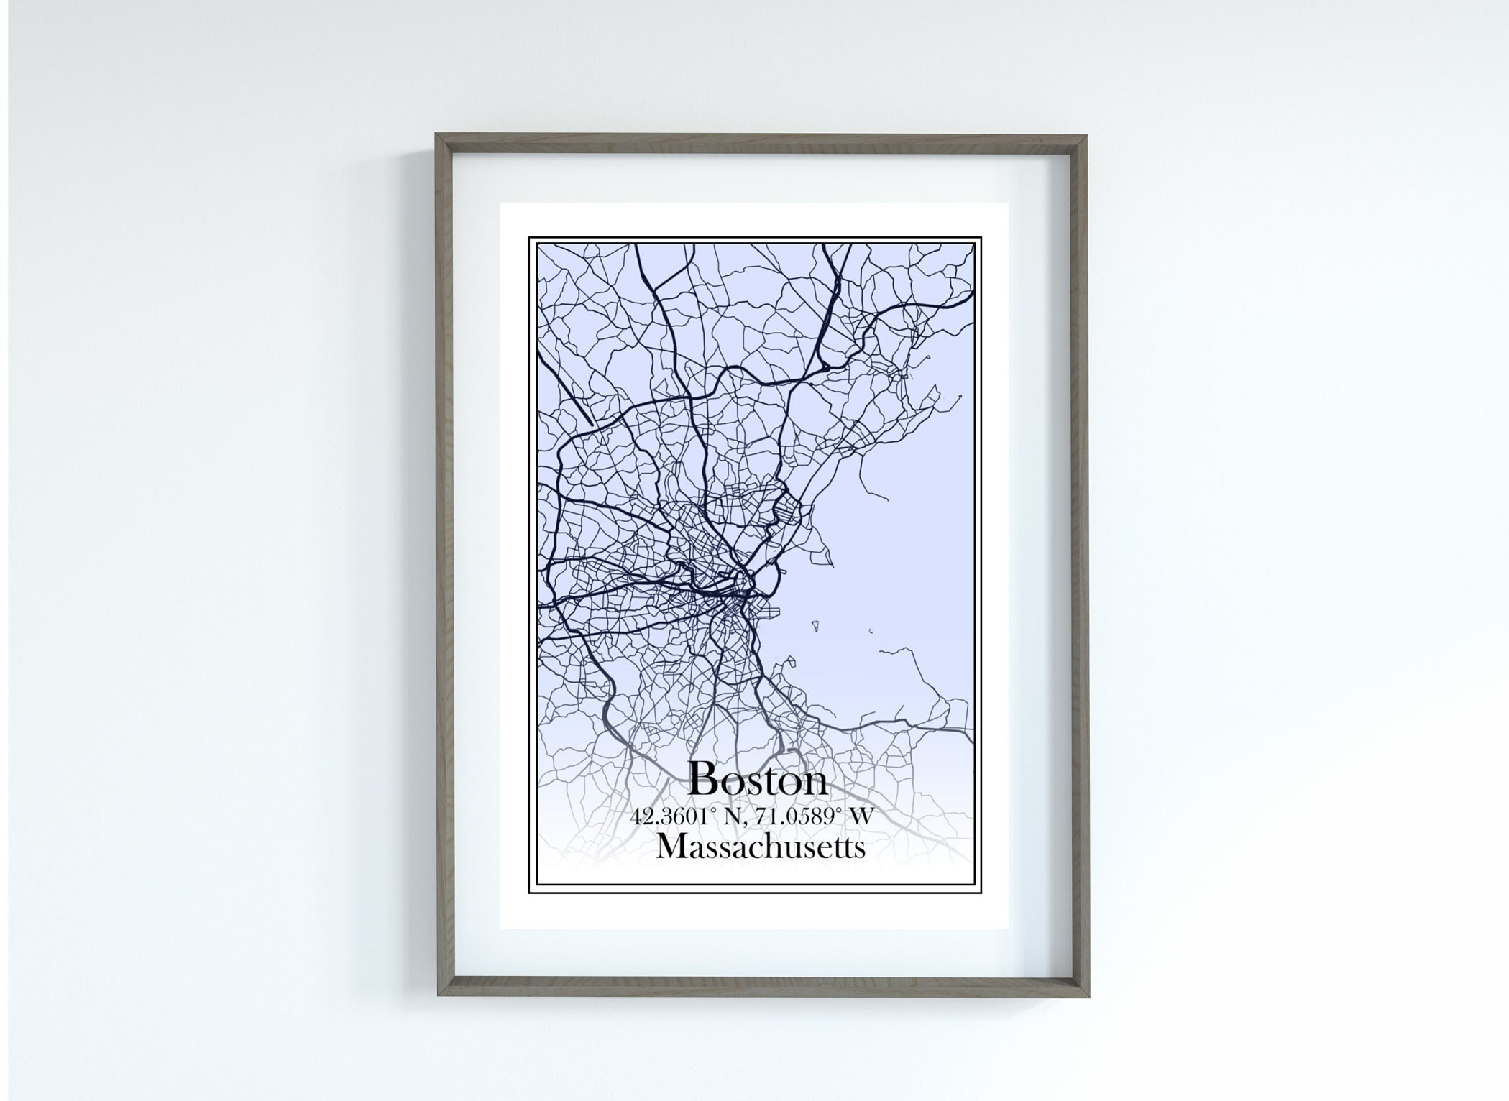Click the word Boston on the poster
[x=758, y=779]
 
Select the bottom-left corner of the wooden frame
[x=439, y=995]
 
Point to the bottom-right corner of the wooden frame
[x=1088, y=996]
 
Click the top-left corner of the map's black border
[x=529, y=237]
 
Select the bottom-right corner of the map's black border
[x=981, y=893]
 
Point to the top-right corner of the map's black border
[x=981, y=237]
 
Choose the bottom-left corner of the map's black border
[x=529, y=893]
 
